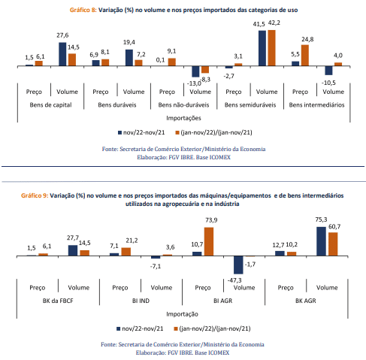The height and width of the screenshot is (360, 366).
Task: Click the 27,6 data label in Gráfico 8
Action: [62, 35]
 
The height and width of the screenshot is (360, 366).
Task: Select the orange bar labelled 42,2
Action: [271, 48]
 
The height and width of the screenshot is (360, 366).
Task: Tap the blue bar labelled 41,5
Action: [262, 48]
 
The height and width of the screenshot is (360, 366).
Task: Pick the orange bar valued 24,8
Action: [305, 56]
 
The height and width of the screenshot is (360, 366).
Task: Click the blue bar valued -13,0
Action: [195, 71]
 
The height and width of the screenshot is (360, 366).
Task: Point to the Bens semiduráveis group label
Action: [250, 105]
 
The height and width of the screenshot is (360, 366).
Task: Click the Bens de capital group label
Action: [50, 105]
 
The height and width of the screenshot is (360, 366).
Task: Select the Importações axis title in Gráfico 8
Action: [183, 118]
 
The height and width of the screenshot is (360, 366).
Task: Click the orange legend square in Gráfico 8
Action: [177, 132]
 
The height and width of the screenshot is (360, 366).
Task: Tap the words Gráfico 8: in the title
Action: [83, 11]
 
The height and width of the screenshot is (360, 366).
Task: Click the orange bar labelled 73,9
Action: [209, 242]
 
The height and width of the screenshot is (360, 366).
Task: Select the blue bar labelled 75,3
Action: [322, 241]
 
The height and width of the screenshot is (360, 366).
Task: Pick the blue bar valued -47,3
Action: [238, 265]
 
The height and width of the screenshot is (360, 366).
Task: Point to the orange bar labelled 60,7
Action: [333, 244]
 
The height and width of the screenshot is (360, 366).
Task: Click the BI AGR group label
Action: [223, 301]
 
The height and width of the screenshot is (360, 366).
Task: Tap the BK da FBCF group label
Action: [58, 301]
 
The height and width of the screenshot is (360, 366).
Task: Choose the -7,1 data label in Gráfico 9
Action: [156, 267]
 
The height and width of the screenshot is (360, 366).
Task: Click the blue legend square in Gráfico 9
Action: [119, 328]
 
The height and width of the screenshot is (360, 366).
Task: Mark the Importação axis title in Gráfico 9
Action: [182, 314]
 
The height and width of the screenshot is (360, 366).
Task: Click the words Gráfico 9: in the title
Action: [35, 195]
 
